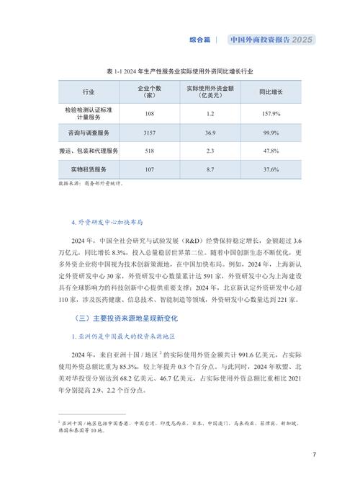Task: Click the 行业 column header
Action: [x=89, y=93]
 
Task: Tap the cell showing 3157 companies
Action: [x=149, y=133]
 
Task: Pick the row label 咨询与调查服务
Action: [x=89, y=133]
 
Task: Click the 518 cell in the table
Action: [x=149, y=151]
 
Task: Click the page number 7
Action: [x=315, y=455]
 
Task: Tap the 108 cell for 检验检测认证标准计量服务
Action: [x=149, y=114]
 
